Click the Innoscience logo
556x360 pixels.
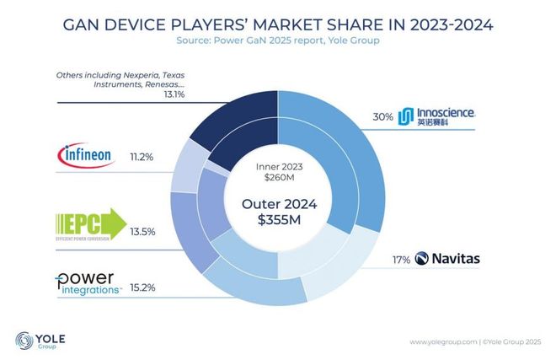coord(437,116)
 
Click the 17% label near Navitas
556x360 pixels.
coord(401,258)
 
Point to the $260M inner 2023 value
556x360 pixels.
coord(278,178)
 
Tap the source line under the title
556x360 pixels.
coord(277,40)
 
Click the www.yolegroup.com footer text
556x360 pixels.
coord(441,341)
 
